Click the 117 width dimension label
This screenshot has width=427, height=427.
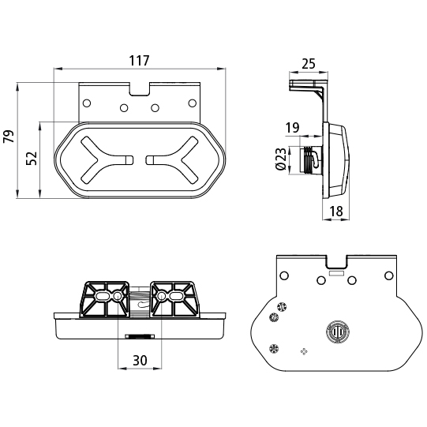[x=139, y=61]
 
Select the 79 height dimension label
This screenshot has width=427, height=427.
[x=9, y=137]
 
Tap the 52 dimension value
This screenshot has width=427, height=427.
[x=32, y=158]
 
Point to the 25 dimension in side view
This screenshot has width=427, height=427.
[x=309, y=64]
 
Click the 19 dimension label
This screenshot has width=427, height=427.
[x=292, y=127]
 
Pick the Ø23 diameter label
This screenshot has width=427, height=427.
[x=281, y=159]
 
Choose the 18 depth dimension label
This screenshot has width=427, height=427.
[x=336, y=211]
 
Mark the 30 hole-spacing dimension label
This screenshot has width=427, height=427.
[x=140, y=360]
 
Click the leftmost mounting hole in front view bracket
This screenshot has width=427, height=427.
[x=87, y=103]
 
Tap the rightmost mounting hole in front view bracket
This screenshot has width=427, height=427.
[x=193, y=103]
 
